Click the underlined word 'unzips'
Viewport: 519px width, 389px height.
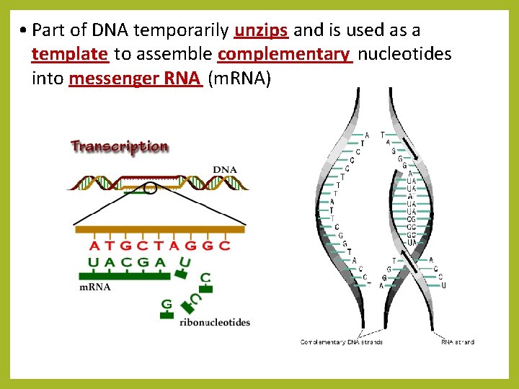coord(262,30)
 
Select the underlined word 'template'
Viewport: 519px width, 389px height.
coord(70,54)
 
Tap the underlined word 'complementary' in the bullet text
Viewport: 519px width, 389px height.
coord(284,54)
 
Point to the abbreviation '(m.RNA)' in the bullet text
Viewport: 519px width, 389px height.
coord(239,79)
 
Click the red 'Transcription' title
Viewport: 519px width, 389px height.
coord(120,146)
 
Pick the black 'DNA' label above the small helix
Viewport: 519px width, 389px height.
coord(224,170)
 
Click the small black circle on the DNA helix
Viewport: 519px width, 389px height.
coord(150,189)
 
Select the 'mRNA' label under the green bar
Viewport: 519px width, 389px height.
coord(94,287)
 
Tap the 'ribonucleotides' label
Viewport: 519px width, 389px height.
coord(215,322)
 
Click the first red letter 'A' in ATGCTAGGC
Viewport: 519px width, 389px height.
coord(95,245)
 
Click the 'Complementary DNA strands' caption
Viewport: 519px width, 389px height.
coord(341,341)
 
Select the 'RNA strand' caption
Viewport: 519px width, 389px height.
coord(457,341)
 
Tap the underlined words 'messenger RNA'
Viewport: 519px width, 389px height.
coord(135,79)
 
